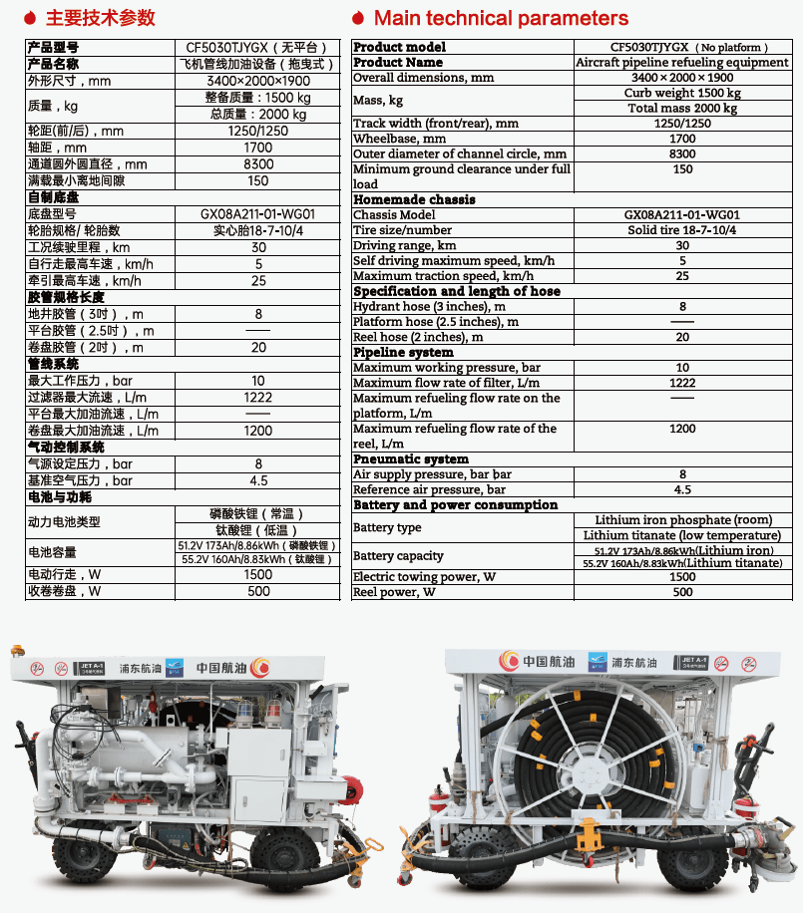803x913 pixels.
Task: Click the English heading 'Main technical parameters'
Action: tap(501, 18)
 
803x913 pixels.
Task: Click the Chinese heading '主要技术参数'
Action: tap(101, 18)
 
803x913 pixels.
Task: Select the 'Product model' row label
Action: tap(400, 47)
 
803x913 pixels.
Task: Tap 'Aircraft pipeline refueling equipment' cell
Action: tap(682, 62)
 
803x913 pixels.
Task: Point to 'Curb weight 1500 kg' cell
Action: tap(682, 93)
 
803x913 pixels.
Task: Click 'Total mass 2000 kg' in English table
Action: tap(682, 108)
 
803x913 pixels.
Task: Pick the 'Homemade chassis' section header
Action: tap(414, 199)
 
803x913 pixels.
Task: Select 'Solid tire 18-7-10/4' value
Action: tap(682, 230)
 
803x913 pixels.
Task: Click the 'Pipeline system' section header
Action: tap(403, 352)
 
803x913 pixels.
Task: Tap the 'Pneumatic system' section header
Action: tap(410, 459)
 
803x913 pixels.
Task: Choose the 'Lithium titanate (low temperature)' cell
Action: tap(682, 535)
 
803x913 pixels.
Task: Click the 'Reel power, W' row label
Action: tap(394, 592)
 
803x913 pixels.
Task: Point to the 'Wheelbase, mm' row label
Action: tap(399, 139)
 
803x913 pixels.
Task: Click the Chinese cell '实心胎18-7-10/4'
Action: tap(258, 230)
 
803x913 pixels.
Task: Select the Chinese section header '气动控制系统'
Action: tap(66, 448)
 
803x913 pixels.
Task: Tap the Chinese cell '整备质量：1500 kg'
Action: tap(258, 98)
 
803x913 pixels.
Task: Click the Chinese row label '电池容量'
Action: tap(52, 552)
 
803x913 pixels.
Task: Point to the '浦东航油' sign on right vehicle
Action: tap(622, 662)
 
